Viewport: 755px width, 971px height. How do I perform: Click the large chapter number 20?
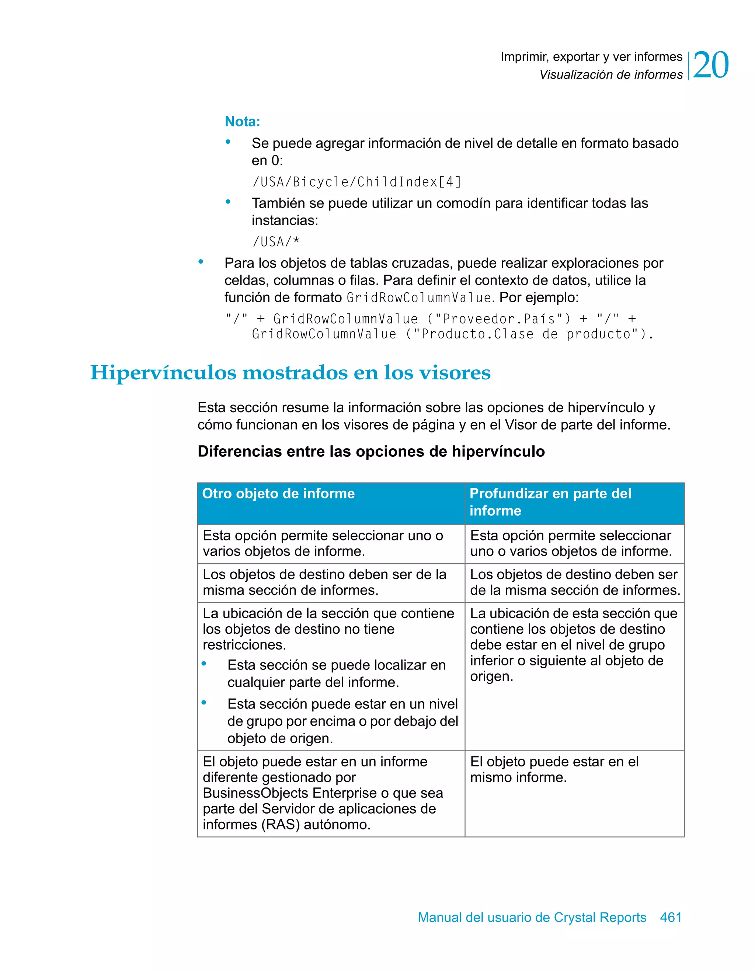tap(710, 65)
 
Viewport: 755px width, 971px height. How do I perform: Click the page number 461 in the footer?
tap(671, 917)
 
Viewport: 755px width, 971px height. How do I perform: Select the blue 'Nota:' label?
tap(242, 121)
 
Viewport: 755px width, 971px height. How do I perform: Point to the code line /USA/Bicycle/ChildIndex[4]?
tap(356, 182)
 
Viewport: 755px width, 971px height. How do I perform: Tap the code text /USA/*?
tap(276, 242)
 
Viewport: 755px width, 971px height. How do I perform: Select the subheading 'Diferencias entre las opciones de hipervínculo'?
tap(371, 451)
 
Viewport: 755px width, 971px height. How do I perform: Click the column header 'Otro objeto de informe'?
tap(278, 494)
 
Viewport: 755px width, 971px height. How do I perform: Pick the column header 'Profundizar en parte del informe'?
tap(550, 502)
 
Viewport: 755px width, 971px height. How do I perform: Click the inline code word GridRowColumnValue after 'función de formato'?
tap(419, 297)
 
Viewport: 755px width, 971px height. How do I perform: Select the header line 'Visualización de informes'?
tap(610, 75)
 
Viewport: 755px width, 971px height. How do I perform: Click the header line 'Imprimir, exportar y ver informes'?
tap(591, 57)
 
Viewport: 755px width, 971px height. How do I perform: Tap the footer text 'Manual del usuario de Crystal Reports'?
tap(532, 917)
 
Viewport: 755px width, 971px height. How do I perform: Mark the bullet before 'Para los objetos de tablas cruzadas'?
tap(201, 262)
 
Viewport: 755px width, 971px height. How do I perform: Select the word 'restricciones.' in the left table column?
tap(244, 645)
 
